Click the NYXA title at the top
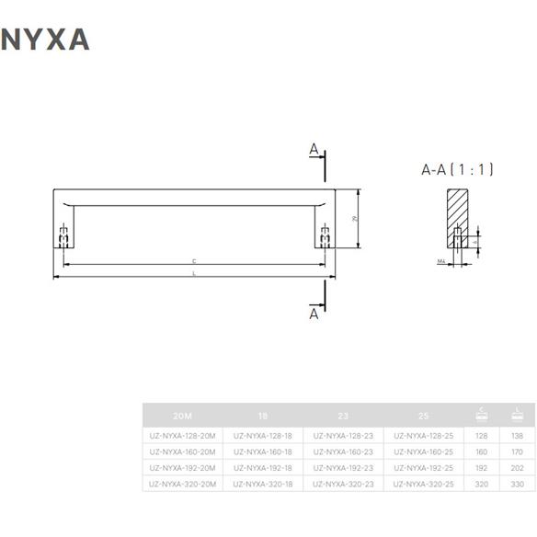coord(46,39)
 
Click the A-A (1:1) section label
coord(458,169)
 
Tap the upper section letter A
coord(314,149)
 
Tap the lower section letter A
coord(314,314)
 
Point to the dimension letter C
coord(193,261)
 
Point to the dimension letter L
coord(193,274)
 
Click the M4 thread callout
coord(441,262)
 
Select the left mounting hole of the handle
coord(63,236)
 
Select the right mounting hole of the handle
coord(324,236)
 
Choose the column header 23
coord(343,415)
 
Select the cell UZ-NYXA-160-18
coord(263,451)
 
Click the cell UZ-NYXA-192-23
coord(343,468)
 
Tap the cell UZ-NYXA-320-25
coord(423,484)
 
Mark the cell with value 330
coord(517,484)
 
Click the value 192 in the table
coord(482,468)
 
